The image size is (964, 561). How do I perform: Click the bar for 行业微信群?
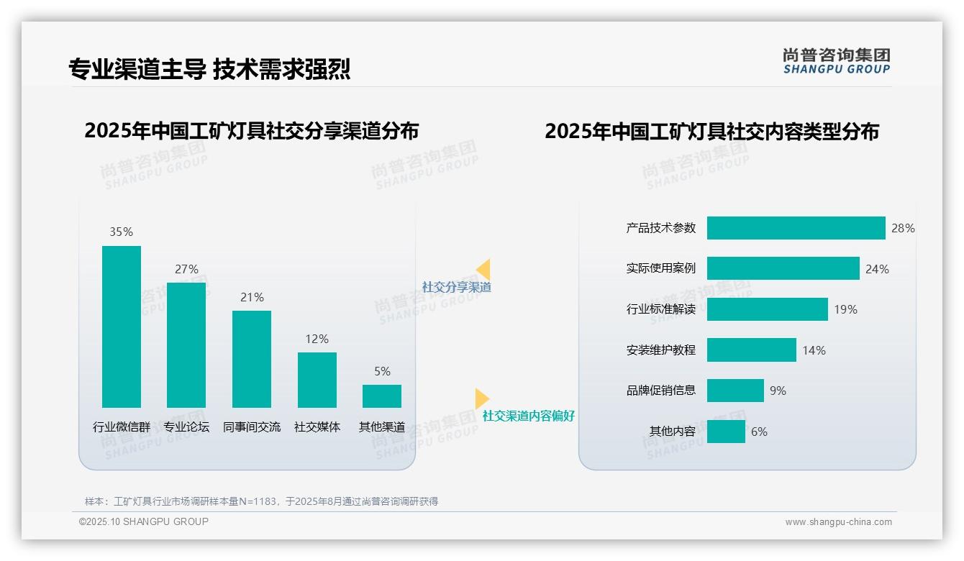pos(122,327)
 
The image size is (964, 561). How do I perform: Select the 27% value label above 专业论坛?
pos(186,269)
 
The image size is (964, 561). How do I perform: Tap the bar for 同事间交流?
pos(252,359)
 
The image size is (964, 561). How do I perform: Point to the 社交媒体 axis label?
pos(317,427)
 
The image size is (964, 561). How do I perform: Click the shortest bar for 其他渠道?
pos(382,396)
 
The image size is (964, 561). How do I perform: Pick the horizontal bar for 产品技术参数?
pos(796,228)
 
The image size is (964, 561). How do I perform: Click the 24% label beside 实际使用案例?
pos(877,269)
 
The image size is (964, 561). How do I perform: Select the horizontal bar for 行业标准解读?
pos(767,309)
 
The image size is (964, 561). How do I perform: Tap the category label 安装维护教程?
pos(661,350)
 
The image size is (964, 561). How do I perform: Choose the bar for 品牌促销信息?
pos(735,391)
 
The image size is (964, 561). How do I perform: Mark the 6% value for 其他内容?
pos(759,432)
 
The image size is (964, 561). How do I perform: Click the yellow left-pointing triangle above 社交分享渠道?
pos(483,270)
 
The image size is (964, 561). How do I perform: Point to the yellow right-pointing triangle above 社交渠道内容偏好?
pos(481,398)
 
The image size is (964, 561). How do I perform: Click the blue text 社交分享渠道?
pos(457,287)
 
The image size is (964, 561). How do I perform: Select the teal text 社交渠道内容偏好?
pos(529,416)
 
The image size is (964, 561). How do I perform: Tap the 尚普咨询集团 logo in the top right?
pos(837,61)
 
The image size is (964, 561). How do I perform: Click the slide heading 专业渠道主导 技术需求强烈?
pos(209,69)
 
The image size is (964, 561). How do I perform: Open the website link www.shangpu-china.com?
pos(838,522)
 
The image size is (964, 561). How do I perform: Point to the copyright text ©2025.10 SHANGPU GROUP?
pos(144,521)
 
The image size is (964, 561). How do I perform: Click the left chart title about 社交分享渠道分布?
pos(251,131)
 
